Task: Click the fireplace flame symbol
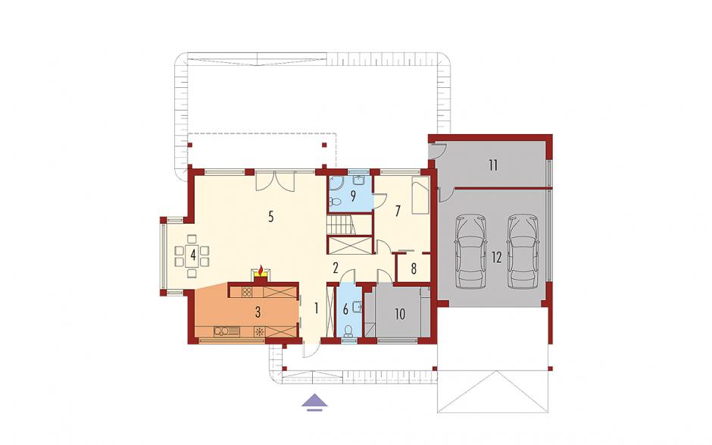click(x=261, y=271)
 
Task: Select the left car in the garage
click(x=471, y=252)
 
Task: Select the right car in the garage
click(x=523, y=252)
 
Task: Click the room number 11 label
click(x=493, y=165)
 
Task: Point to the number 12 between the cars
click(x=497, y=257)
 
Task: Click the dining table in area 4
click(x=192, y=255)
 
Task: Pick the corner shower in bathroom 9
click(x=336, y=184)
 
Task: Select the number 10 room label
click(x=400, y=314)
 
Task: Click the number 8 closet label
click(x=414, y=268)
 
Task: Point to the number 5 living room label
click(x=270, y=217)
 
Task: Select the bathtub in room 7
click(x=420, y=196)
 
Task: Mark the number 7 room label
click(x=398, y=211)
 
